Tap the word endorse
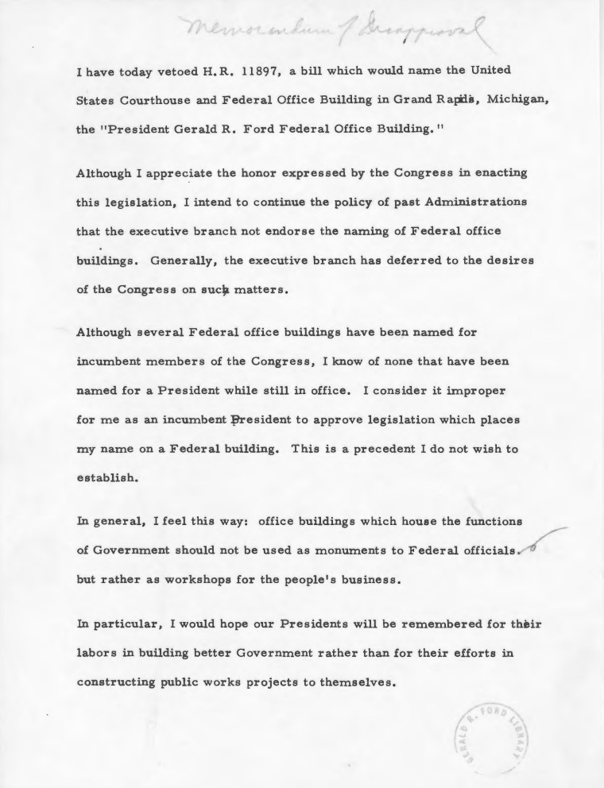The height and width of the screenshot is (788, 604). click(297, 231)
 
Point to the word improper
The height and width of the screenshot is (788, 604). click(467, 391)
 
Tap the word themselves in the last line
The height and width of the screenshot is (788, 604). click(354, 682)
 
